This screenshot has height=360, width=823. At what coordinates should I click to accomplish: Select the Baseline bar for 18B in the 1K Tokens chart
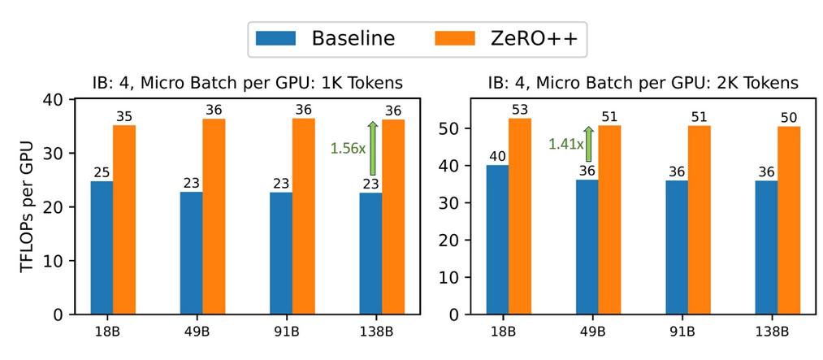click(102, 248)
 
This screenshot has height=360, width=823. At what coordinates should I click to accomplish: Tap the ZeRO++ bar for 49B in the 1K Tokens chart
click(214, 216)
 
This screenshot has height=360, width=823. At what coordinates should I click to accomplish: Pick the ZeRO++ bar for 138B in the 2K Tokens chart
click(789, 219)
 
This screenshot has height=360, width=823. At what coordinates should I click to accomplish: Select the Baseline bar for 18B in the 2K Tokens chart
click(497, 240)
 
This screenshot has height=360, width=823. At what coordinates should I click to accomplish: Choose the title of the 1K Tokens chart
click(247, 83)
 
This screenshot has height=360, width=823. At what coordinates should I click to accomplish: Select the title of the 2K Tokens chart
click(643, 83)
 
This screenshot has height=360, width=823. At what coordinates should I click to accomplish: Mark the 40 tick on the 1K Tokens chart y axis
click(57, 100)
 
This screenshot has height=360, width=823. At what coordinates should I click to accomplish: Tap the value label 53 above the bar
click(521, 110)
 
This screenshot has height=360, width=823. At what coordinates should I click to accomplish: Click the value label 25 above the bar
click(102, 172)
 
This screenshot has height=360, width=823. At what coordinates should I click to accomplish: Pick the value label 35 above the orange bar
click(124, 116)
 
